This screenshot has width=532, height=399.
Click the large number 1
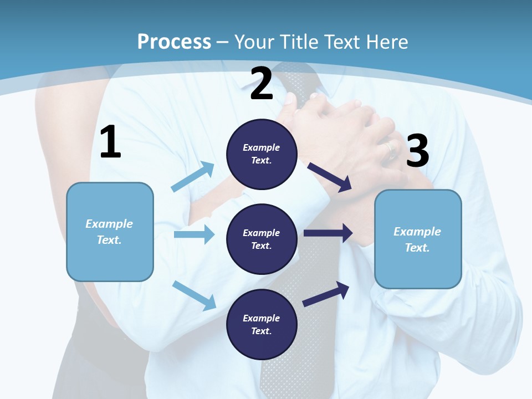[110, 142]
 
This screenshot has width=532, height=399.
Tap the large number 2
[262, 84]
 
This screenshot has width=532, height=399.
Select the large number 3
[417, 151]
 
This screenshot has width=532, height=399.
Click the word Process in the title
[174, 42]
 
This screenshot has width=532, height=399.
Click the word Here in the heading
[388, 42]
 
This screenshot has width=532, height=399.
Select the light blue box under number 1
[110, 232]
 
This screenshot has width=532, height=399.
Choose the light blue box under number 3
[418, 239]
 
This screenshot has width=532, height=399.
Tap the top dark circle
[262, 154]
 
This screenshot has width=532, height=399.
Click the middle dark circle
[262, 239]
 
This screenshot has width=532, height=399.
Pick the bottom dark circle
[262, 324]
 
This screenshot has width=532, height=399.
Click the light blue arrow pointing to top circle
[193, 176]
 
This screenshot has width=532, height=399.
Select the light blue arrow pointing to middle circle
[194, 234]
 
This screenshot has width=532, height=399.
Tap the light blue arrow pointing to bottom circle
[195, 295]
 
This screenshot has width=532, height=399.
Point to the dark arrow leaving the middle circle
[328, 233]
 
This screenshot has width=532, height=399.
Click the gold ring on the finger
[390, 149]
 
